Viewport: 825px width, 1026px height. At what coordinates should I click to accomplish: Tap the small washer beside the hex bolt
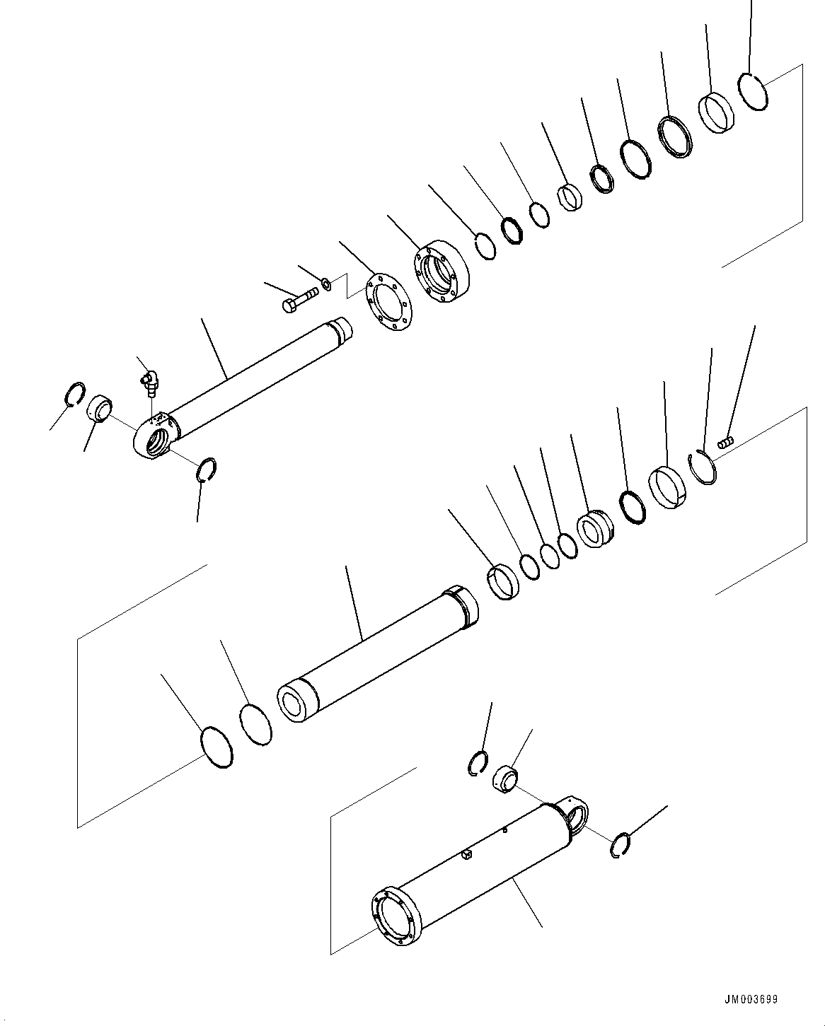[326, 284]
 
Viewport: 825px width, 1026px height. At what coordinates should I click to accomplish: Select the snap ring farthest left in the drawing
[74, 394]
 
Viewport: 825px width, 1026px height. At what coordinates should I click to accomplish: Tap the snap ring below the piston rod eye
[206, 470]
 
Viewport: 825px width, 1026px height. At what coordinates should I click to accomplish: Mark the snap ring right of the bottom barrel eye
[619, 846]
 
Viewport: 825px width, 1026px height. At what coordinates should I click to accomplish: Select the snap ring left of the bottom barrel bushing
[478, 764]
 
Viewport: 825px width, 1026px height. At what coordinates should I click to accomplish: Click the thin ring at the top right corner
[753, 91]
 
